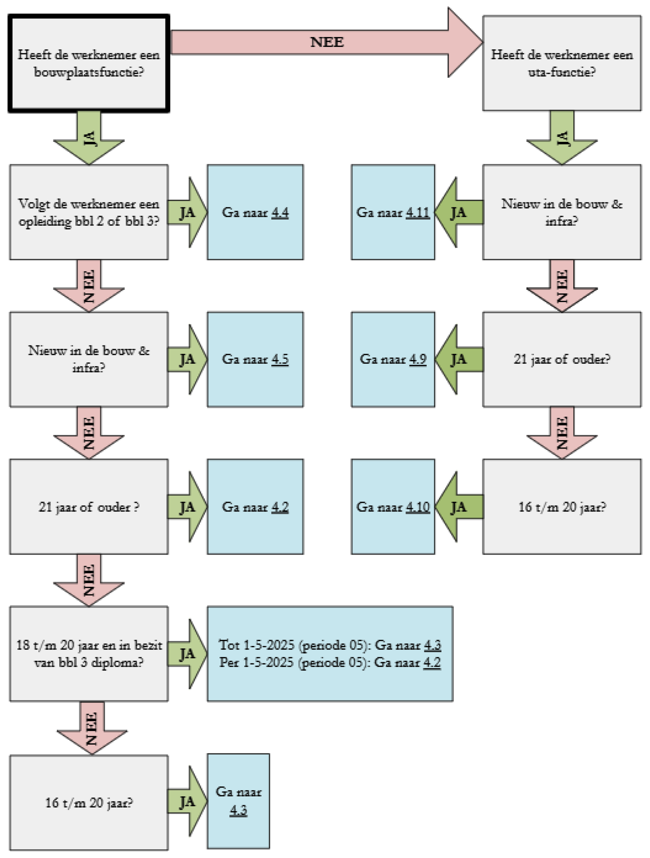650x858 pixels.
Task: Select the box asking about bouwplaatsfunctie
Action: coord(89,63)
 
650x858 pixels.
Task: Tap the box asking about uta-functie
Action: coord(562,63)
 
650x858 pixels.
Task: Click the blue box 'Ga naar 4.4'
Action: coord(255,212)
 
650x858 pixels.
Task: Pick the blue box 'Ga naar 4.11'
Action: coord(392,212)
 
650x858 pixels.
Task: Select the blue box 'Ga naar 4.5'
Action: coord(255,359)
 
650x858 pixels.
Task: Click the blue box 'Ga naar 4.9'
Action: coord(392,359)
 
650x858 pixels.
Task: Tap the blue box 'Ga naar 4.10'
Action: coord(392,507)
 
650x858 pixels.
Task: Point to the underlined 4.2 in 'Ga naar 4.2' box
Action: coord(280,507)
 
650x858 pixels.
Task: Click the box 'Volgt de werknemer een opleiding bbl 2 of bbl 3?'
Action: coord(89,212)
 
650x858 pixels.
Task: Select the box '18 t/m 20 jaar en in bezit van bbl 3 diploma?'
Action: coord(89,654)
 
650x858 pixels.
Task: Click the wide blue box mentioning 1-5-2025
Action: coord(330,654)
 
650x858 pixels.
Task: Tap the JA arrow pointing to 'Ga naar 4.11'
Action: coord(460,212)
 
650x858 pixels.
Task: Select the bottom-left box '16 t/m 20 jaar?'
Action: coord(89,802)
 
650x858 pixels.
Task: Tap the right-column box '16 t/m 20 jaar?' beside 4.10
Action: coord(562,507)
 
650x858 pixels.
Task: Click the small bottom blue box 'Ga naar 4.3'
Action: coord(238,802)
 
